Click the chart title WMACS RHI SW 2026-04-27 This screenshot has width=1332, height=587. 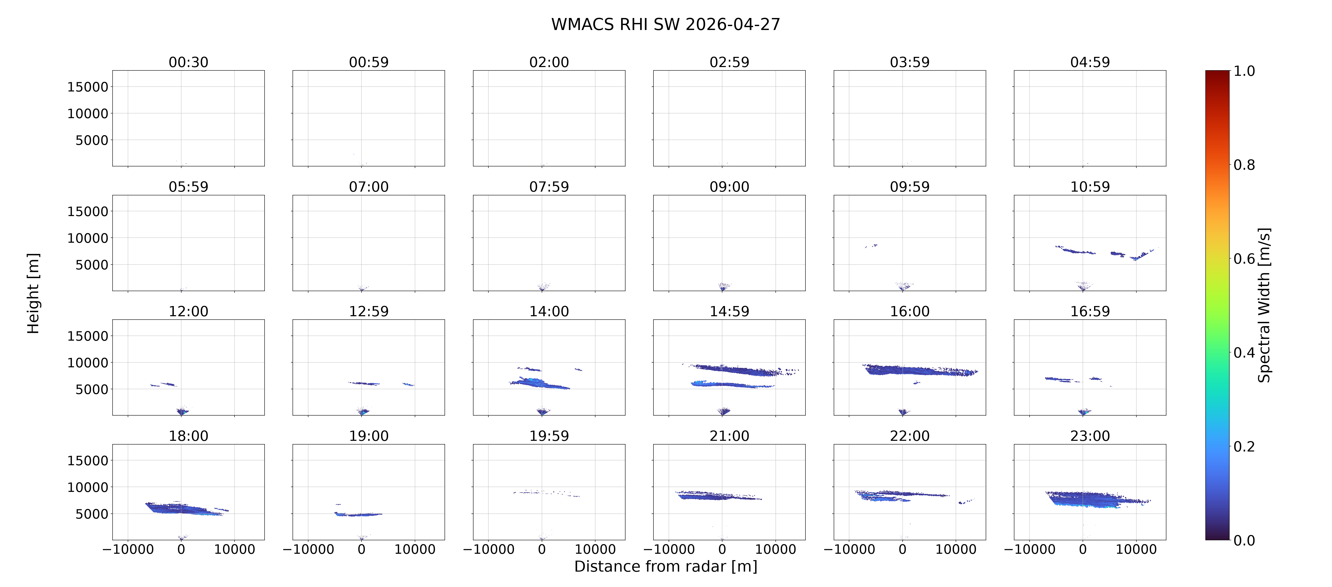(x=665, y=24)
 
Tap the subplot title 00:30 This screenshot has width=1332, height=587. (x=188, y=63)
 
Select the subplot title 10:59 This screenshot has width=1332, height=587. (x=1090, y=187)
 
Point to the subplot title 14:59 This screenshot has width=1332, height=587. (x=729, y=312)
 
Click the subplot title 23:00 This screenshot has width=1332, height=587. (x=1090, y=436)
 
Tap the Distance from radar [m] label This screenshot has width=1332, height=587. (x=665, y=566)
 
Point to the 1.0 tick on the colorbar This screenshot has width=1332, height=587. (x=1244, y=71)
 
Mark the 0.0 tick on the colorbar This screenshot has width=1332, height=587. (x=1244, y=541)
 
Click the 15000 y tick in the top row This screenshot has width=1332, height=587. (x=88, y=87)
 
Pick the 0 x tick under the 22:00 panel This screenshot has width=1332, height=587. (x=902, y=549)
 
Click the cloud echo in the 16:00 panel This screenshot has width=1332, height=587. (x=920, y=370)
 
